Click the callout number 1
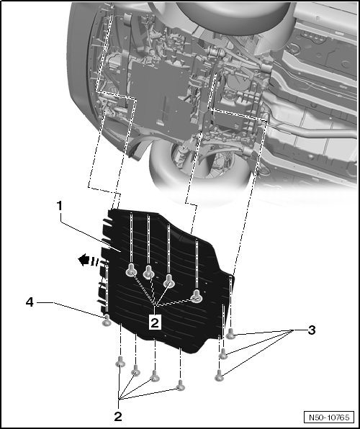coord(60,205)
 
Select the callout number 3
coord(312,330)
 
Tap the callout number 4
coord(30,302)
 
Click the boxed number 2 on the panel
coord(155,323)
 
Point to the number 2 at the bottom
coord(118,417)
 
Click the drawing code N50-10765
coord(329,417)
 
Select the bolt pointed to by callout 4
coord(107,320)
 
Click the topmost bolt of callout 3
coord(231,333)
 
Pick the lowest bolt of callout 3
coord(219,375)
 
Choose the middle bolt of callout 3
coord(223,354)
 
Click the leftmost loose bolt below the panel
coord(120,361)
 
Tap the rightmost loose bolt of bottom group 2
coord(181,385)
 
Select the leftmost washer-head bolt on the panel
coord(131,271)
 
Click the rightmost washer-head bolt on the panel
coord(197,296)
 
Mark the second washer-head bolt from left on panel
coord(148,271)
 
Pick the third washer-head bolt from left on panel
coord(169,282)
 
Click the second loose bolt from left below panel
coord(135,371)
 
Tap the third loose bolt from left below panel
coord(155,376)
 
